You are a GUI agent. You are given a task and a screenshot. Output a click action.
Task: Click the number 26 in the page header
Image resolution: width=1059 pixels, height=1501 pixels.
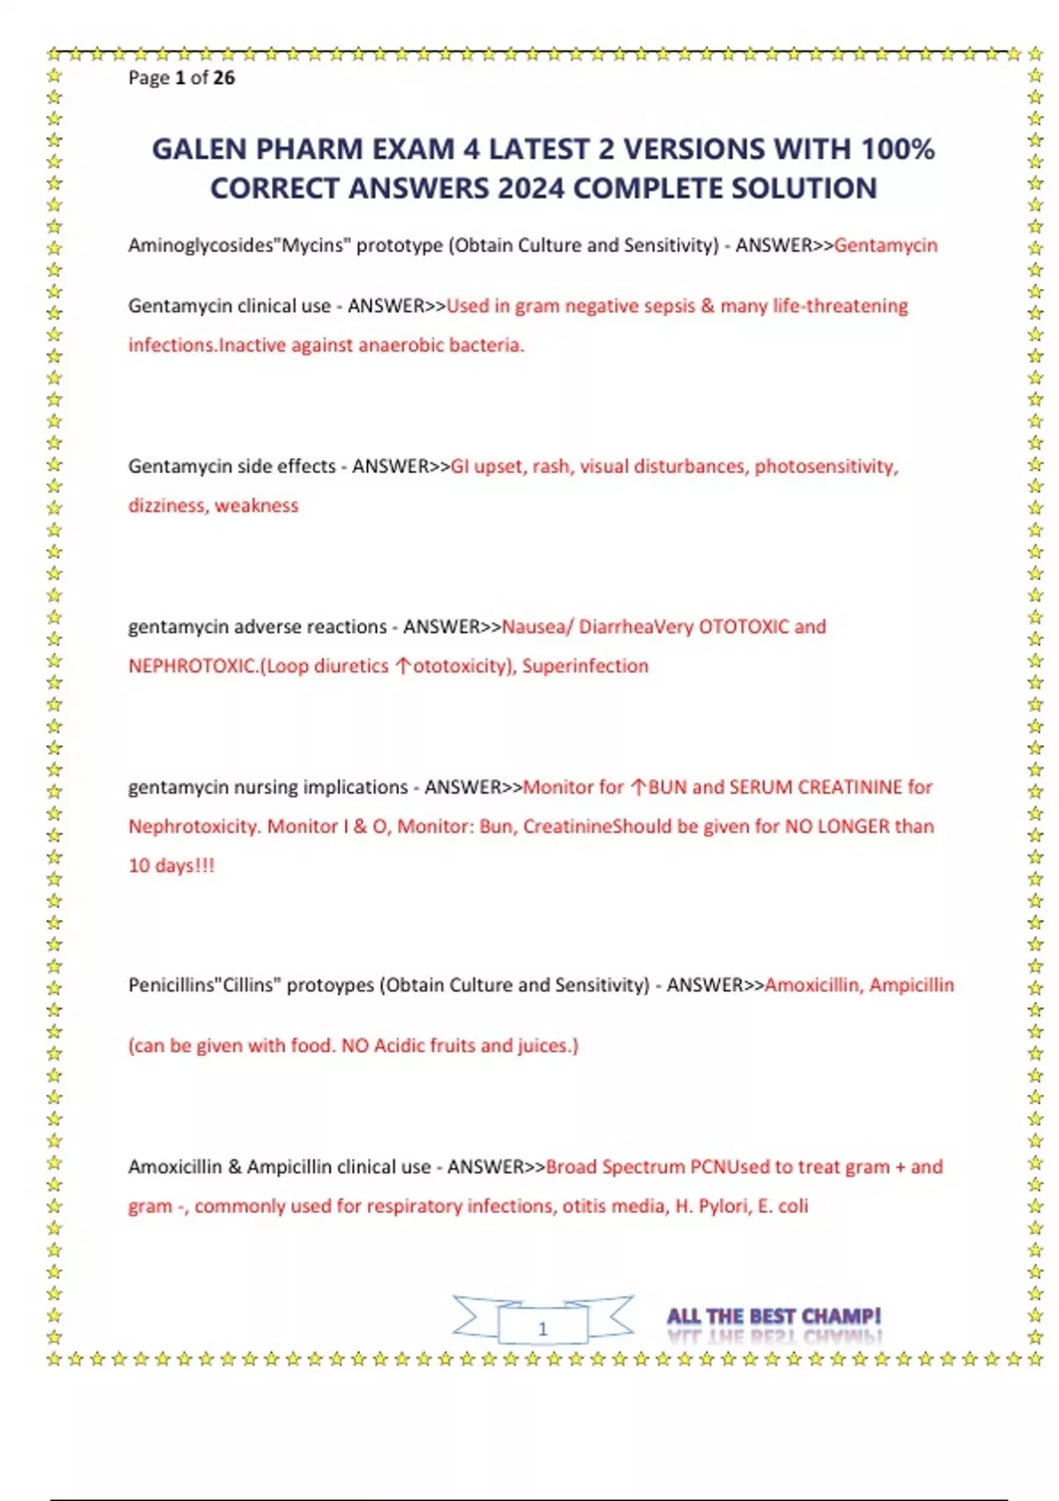[224, 78]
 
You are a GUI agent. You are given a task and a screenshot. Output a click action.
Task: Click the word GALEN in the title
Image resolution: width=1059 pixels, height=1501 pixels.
[199, 149]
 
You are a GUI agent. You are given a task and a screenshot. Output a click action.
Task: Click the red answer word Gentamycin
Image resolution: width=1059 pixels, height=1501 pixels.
[885, 245]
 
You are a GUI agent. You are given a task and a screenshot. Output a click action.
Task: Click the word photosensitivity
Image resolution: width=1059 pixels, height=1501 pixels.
[825, 466]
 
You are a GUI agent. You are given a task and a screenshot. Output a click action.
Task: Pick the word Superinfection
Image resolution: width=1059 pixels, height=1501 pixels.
[585, 666]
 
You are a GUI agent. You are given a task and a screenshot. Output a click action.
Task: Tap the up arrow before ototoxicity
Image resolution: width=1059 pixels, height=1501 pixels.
[402, 667]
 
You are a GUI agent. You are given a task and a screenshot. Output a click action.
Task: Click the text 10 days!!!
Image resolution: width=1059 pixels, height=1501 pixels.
[171, 866]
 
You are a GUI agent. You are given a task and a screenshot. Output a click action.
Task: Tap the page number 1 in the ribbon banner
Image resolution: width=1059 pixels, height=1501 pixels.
[543, 1328]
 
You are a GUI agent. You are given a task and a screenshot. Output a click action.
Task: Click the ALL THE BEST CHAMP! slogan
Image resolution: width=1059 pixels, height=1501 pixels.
[774, 1316]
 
